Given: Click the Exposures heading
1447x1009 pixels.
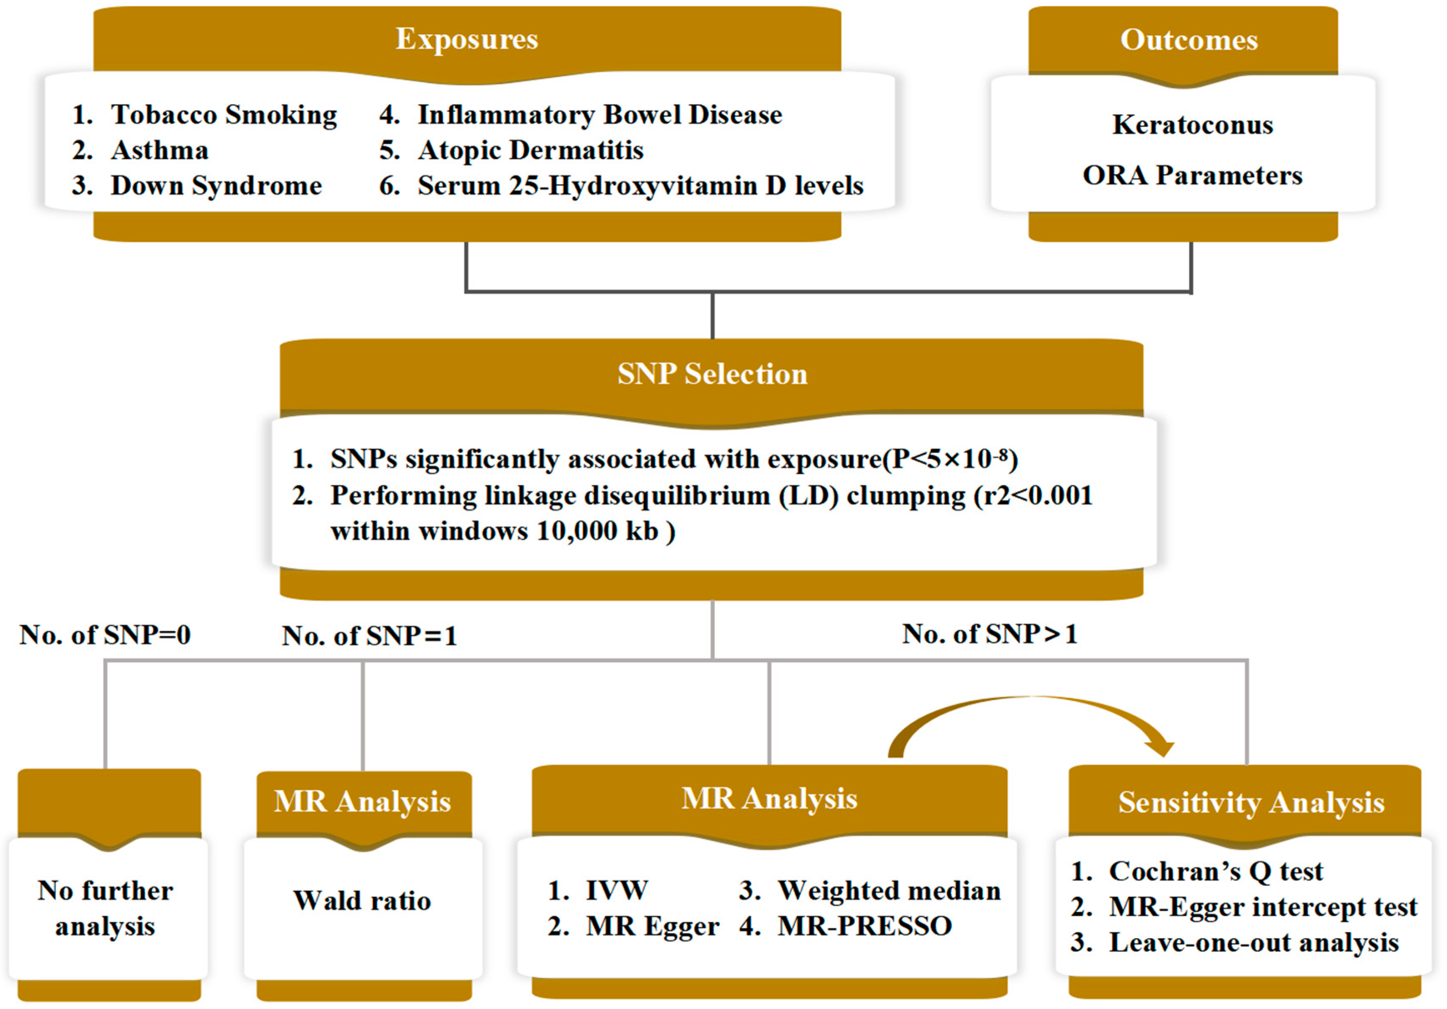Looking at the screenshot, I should pyautogui.click(x=466, y=39).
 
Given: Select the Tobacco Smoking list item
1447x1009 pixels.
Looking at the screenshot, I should pyautogui.click(x=223, y=115).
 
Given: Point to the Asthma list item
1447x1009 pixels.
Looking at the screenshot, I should pyautogui.click(x=159, y=151).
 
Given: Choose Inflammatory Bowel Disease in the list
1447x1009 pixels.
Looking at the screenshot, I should pyautogui.click(x=599, y=115).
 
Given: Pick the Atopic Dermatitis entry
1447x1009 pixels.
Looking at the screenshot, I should pyautogui.click(x=530, y=151).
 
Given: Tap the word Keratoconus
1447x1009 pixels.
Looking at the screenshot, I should pyautogui.click(x=1192, y=125).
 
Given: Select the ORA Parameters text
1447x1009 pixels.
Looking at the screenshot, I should pyautogui.click(x=1192, y=176).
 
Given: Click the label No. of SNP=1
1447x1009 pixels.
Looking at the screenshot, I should pyautogui.click(x=369, y=635).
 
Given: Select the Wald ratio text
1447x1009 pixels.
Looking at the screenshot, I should pyautogui.click(x=362, y=901).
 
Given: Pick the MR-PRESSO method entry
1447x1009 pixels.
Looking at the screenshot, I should pyautogui.click(x=864, y=926).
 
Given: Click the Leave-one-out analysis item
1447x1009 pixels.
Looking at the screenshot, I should pyautogui.click(x=1253, y=943).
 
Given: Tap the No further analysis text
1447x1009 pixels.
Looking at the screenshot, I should pyautogui.click(x=105, y=908).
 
